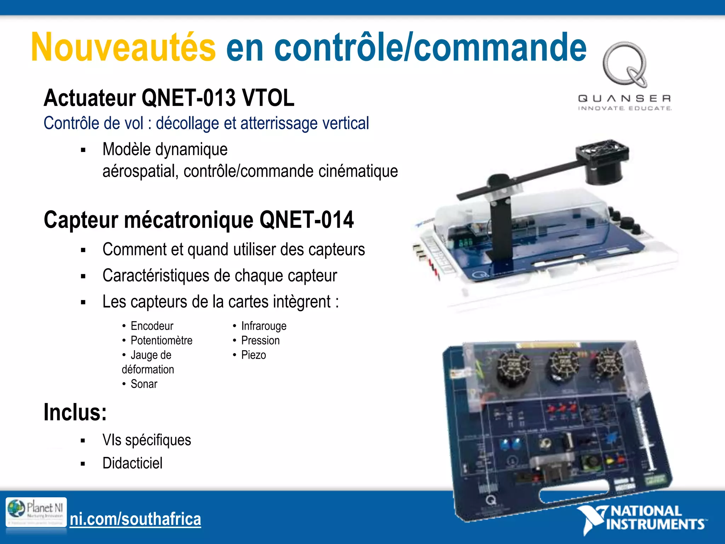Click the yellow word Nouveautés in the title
pyautogui.click(x=123, y=47)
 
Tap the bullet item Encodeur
pyautogui.click(x=152, y=326)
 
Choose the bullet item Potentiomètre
pyautogui.click(x=161, y=340)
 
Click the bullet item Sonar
pyautogui.click(x=144, y=384)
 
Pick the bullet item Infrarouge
pyautogui.click(x=264, y=326)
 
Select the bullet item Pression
pyautogui.click(x=260, y=340)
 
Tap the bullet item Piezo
pyautogui.click(x=253, y=355)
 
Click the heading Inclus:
pyautogui.click(x=75, y=413)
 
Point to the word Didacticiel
pyautogui.click(x=132, y=463)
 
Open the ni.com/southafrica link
pyautogui.click(x=135, y=519)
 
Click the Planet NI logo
pyautogui.click(x=36, y=512)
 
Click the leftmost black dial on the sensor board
pyautogui.click(x=513, y=367)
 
